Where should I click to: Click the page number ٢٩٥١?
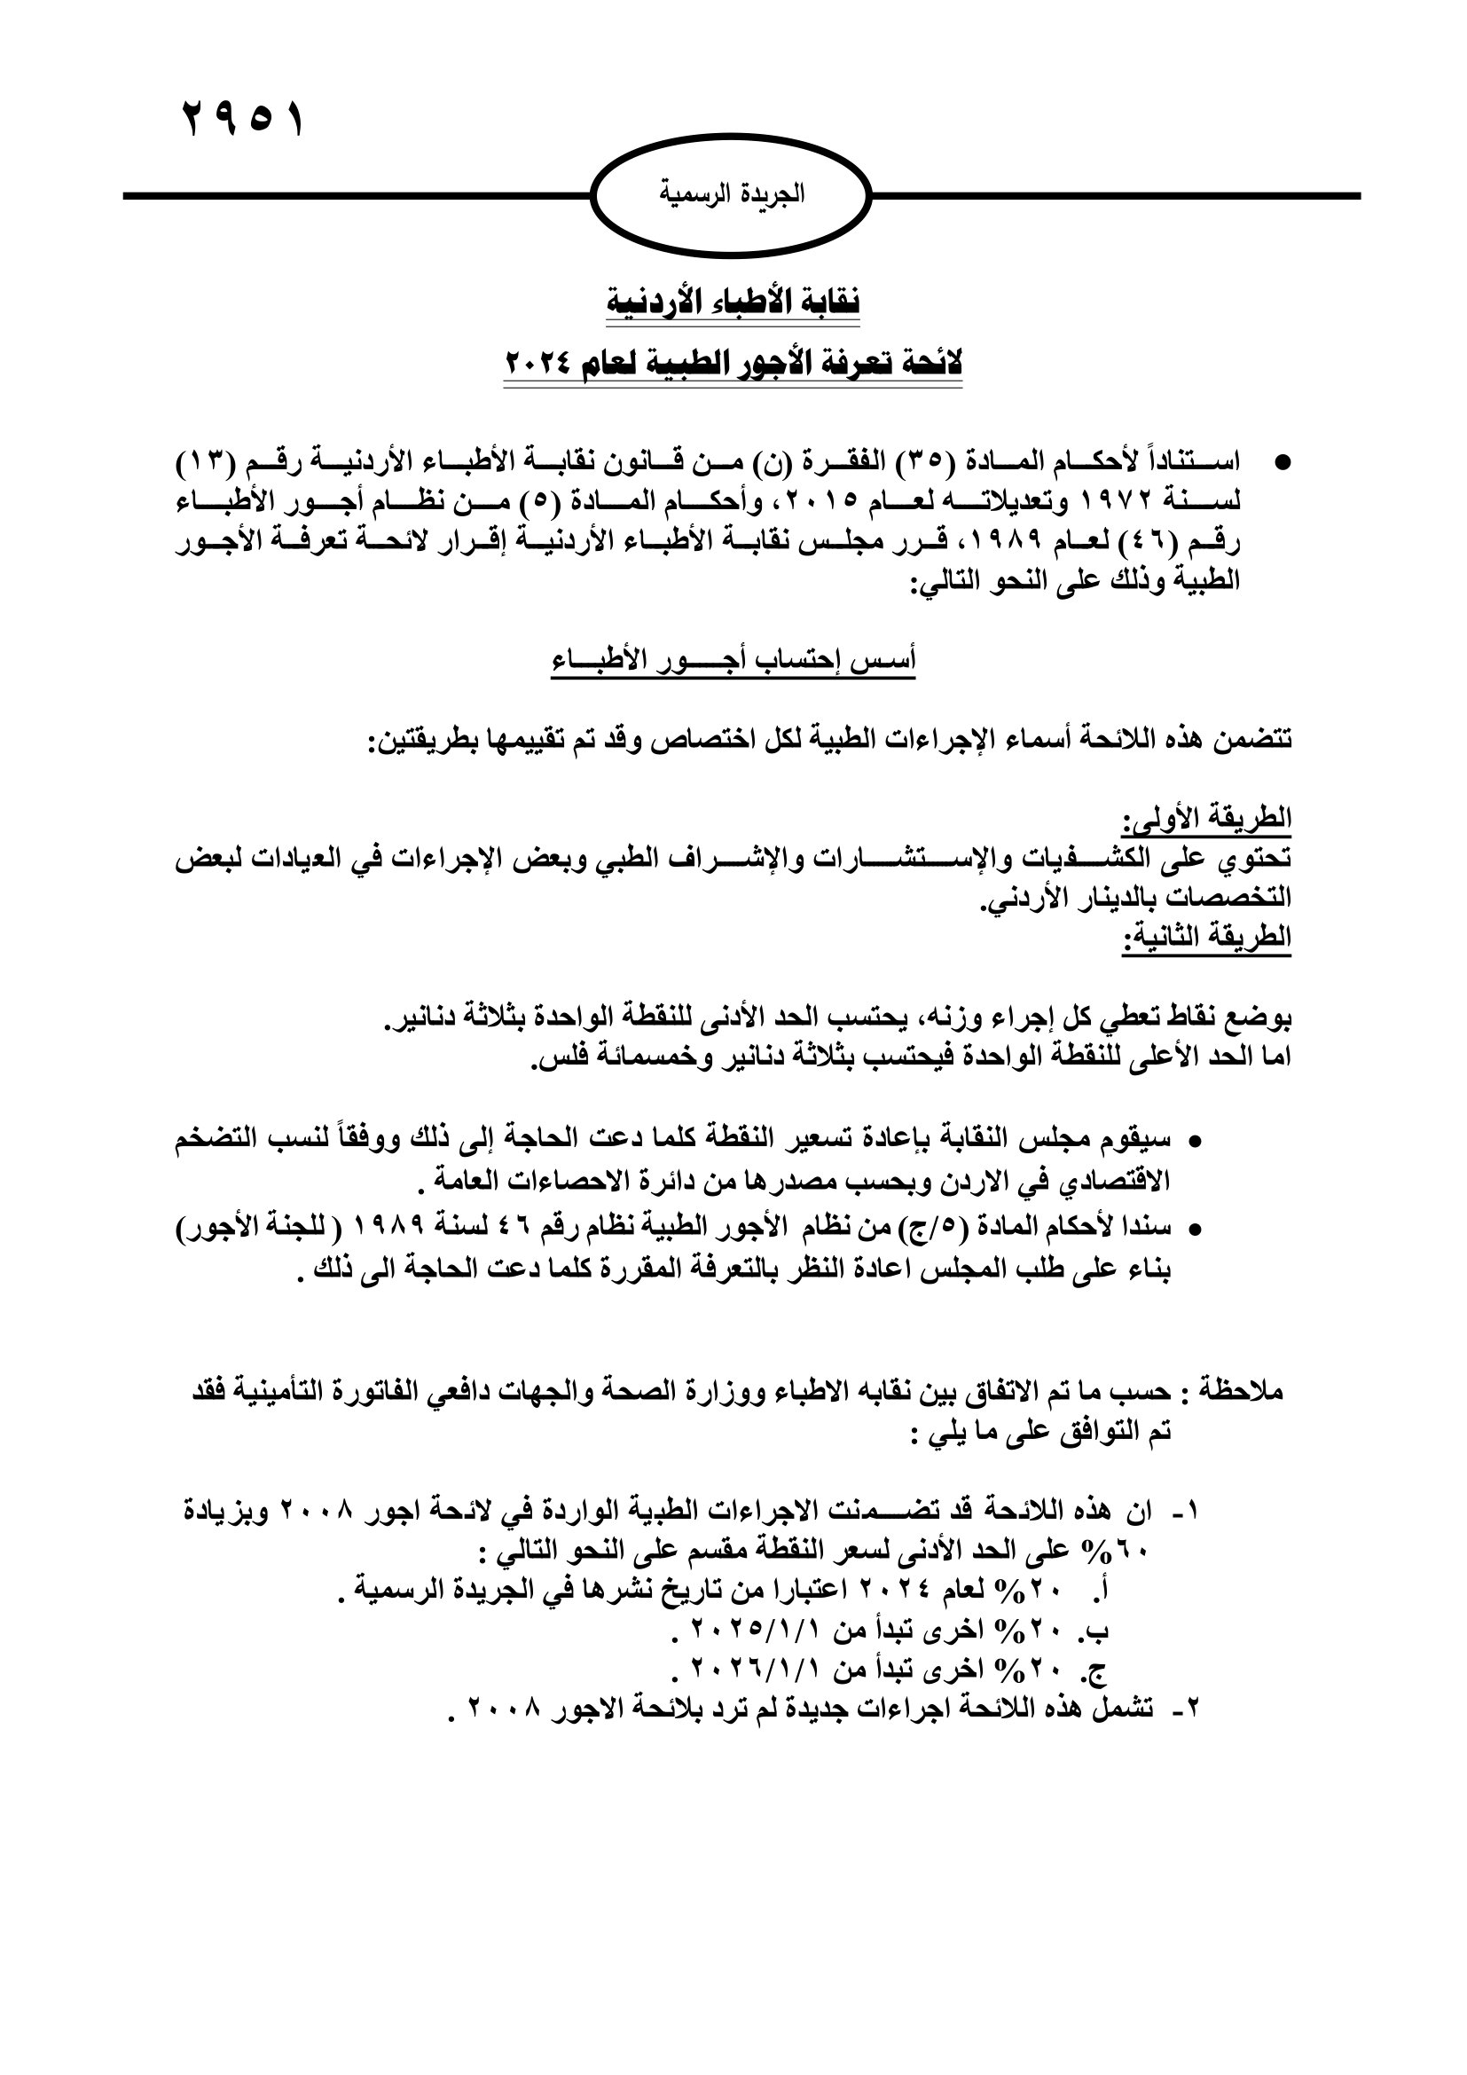243,119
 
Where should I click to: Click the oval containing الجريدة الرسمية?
732,194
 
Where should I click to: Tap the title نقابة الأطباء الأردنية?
733,301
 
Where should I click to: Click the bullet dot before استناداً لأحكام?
1280,463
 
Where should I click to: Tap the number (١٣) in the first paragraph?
207,462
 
